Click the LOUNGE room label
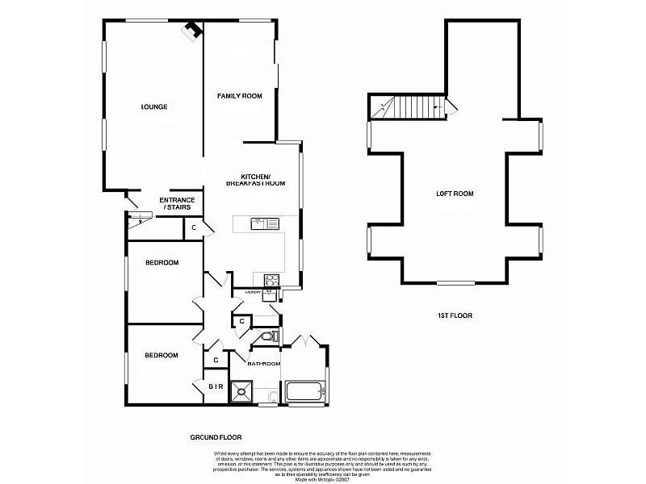[153, 106]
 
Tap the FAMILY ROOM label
[240, 96]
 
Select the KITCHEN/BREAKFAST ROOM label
[263, 180]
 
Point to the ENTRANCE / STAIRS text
[177, 203]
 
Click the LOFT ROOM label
[455, 194]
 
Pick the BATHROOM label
[263, 365]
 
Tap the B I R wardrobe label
[216, 387]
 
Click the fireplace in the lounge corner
[192, 30]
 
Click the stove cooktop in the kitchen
[272, 280]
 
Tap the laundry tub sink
[269, 296]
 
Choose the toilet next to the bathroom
[271, 336]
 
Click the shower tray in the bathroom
[241, 391]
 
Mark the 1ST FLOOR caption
[456, 315]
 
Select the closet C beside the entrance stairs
[195, 229]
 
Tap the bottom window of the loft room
[455, 283]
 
